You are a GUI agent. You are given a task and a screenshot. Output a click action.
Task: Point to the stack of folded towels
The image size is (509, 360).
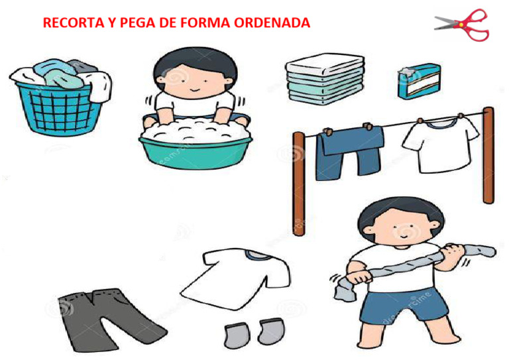(325, 79)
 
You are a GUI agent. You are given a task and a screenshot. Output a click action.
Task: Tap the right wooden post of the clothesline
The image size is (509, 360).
(488, 155)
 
